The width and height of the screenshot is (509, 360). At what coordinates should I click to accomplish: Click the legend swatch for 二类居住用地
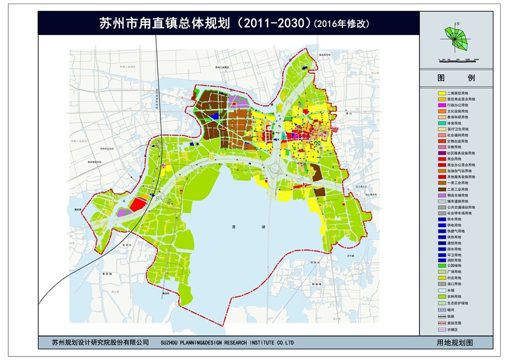442,93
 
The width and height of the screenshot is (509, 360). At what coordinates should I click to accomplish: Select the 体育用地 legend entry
442,123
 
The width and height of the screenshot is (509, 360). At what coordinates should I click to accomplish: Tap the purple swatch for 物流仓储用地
442,196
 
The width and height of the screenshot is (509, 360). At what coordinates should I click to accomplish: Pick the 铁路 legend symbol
442,316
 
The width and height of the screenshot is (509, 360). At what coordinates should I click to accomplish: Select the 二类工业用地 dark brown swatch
442,189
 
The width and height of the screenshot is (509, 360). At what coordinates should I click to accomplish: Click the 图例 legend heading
456,78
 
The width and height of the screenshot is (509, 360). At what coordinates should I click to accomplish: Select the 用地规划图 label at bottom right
455,343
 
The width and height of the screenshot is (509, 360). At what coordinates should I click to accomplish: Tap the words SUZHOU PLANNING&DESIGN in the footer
204,343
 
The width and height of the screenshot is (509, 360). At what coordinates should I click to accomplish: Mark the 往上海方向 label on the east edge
370,195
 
